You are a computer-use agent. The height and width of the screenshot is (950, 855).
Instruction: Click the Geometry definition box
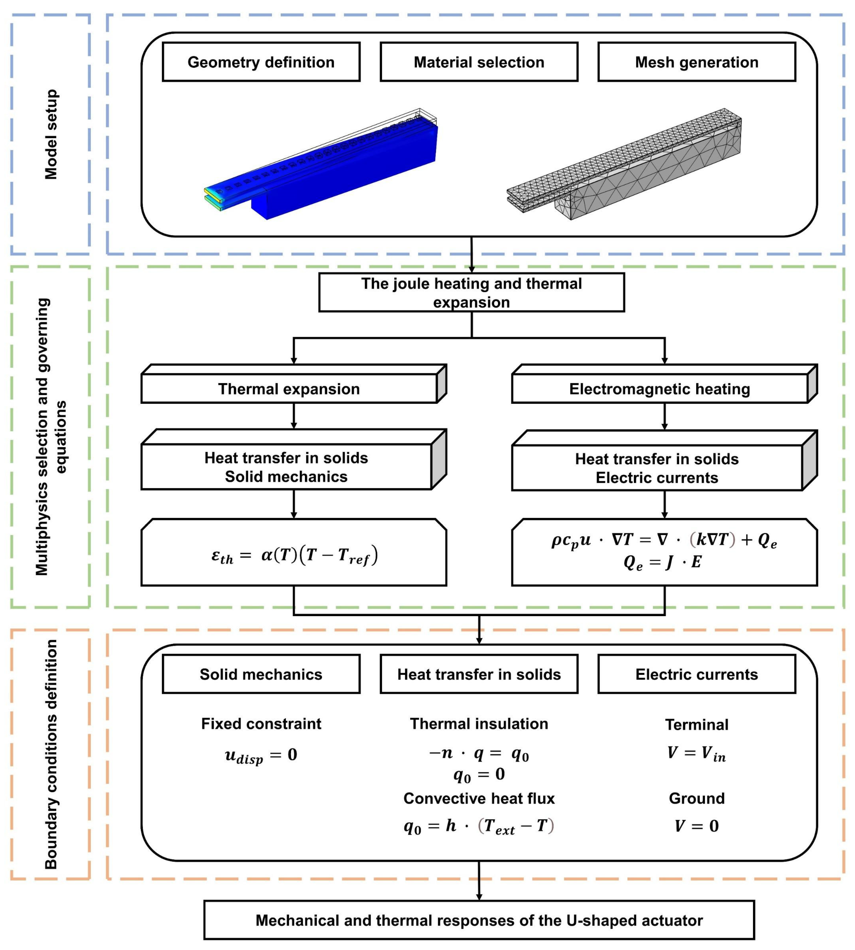(x=261, y=62)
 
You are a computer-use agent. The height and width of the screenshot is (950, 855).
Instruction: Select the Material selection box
(x=479, y=62)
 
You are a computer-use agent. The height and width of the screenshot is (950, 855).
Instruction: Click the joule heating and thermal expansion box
(x=471, y=292)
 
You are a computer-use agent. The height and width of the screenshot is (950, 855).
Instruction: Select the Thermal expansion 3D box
(x=289, y=389)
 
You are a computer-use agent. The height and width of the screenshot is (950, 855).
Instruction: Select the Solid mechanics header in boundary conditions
(x=261, y=674)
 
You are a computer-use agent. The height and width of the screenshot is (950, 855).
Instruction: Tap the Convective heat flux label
(x=479, y=798)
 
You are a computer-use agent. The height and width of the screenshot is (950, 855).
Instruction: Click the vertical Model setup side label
(x=51, y=134)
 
